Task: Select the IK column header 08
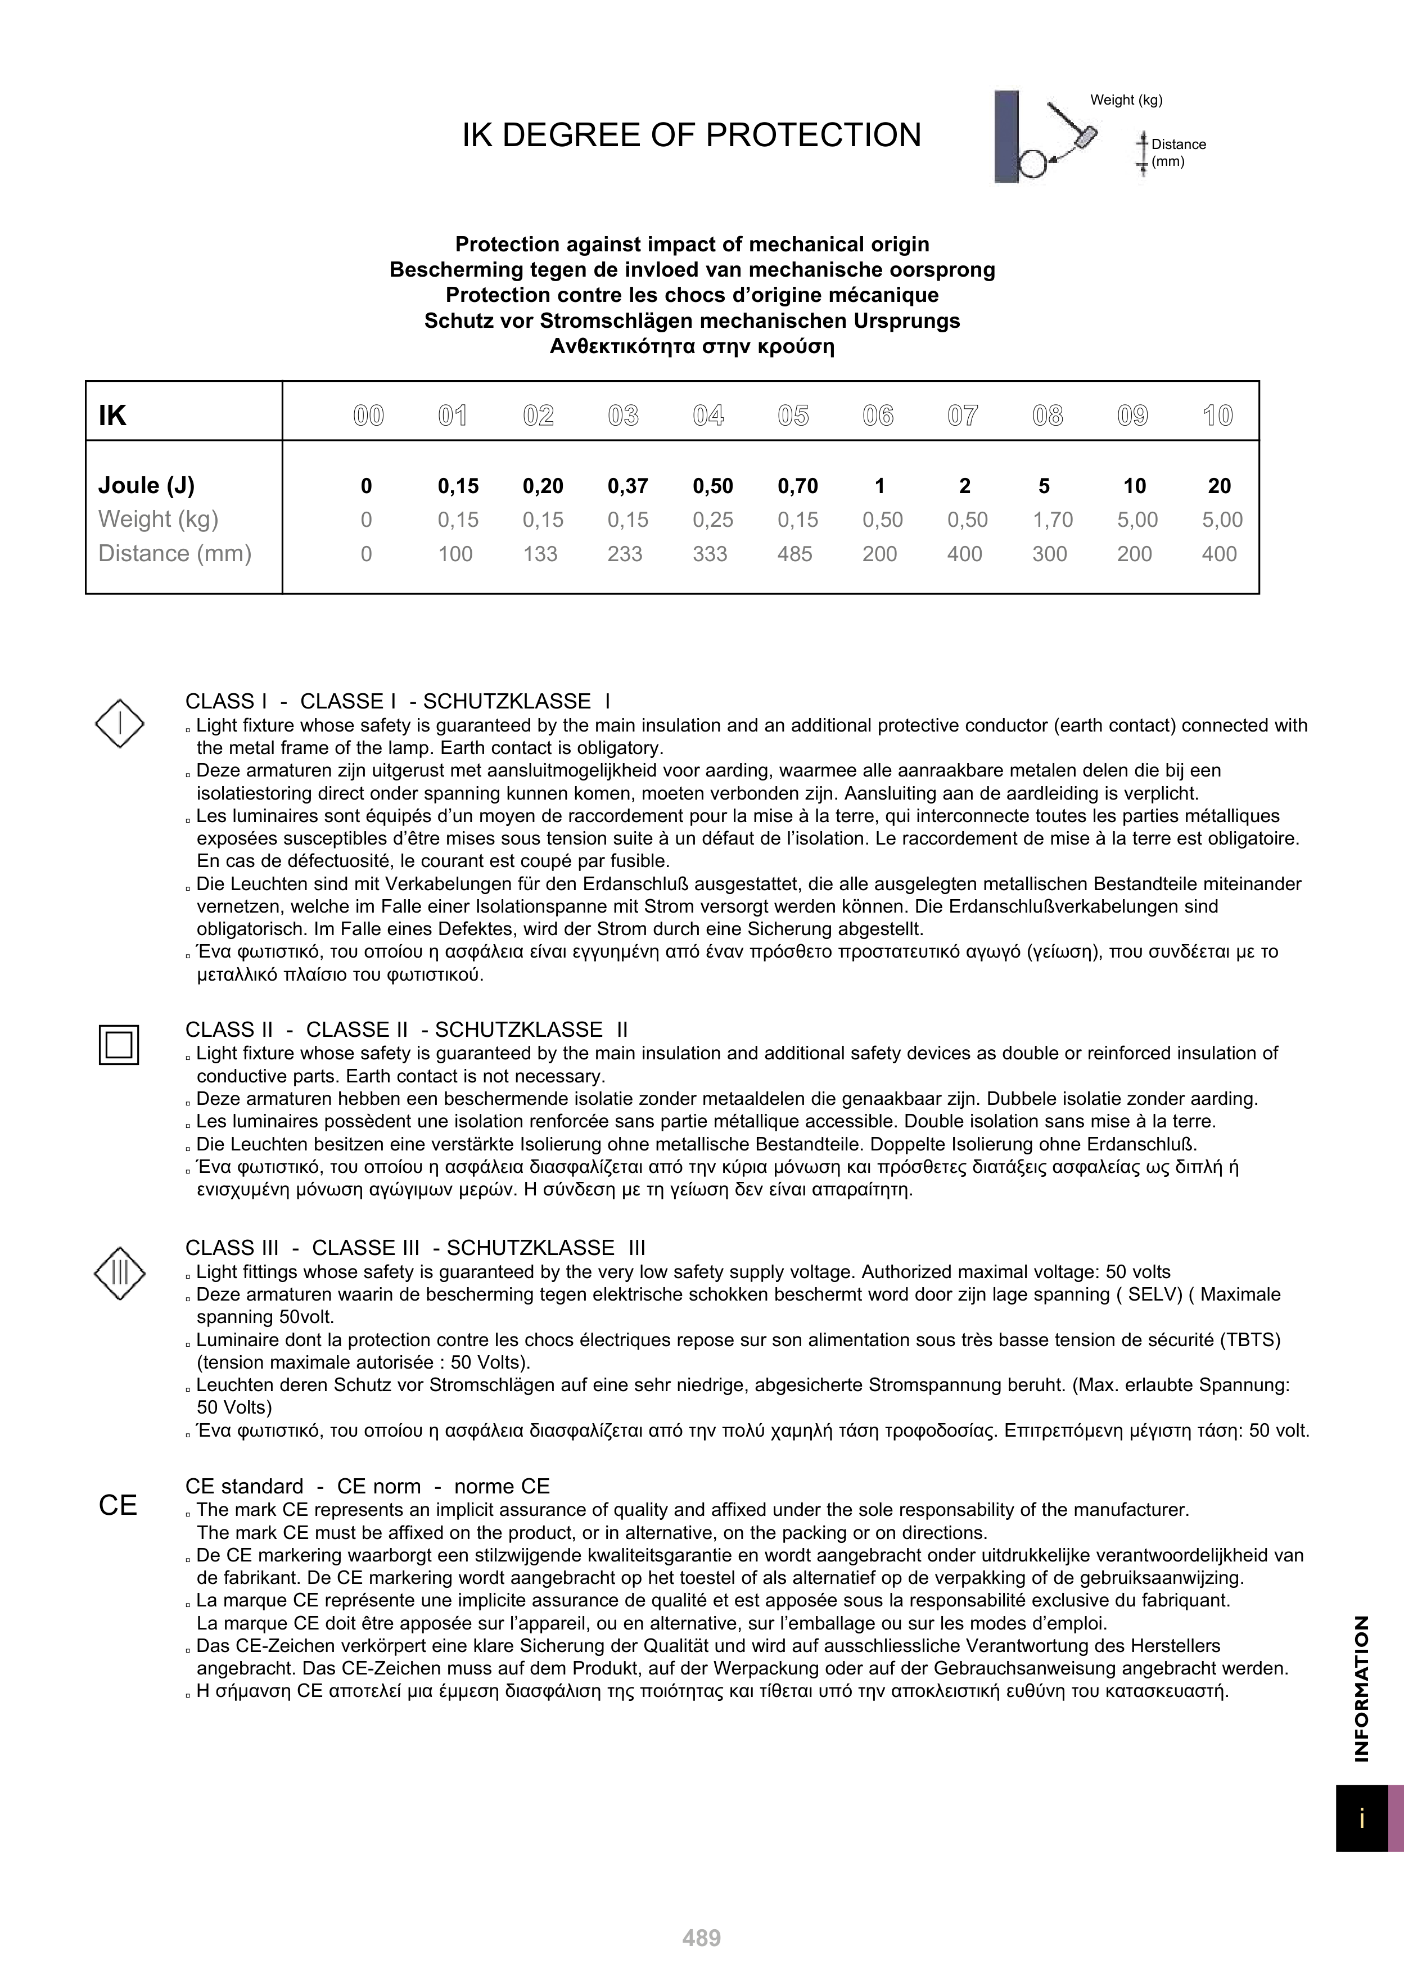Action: point(1048,416)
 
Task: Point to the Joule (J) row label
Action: point(146,485)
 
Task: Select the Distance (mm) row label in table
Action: point(175,554)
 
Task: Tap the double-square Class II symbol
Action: point(119,1044)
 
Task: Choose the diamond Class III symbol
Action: point(119,1273)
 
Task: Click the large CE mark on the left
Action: point(118,1506)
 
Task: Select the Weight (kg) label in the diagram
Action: point(1126,100)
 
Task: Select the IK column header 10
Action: point(1217,416)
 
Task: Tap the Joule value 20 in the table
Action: point(1219,486)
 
